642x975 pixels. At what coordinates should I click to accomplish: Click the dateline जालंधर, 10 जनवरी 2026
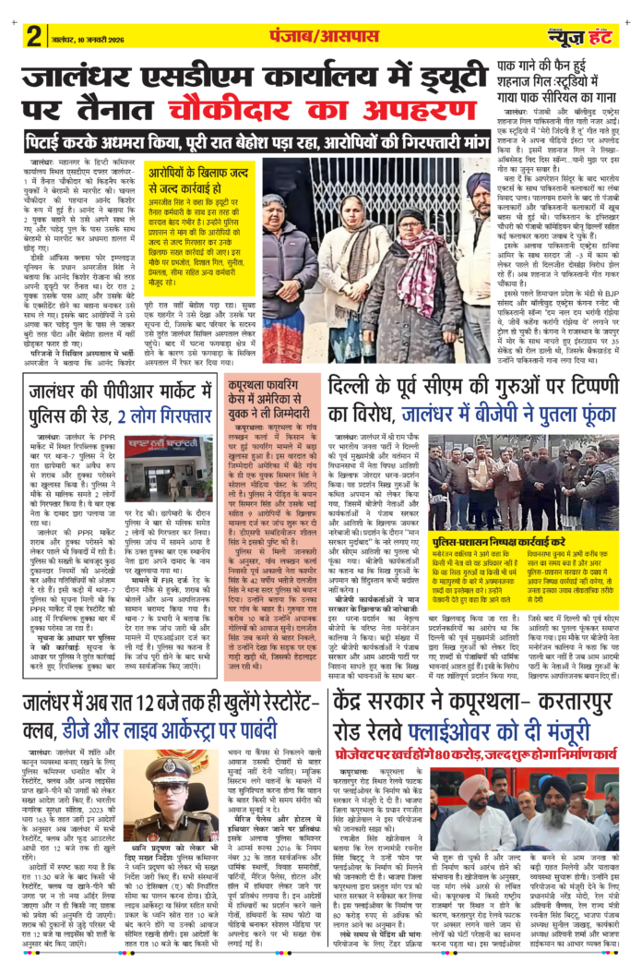(x=84, y=39)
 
